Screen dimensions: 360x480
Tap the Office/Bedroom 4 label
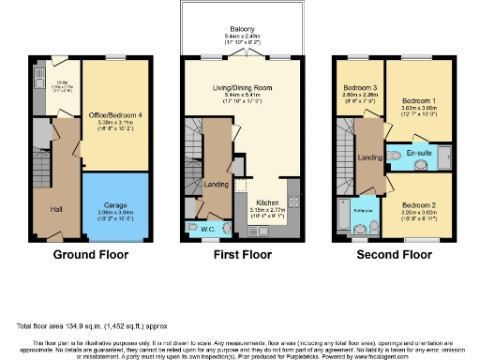(x=114, y=115)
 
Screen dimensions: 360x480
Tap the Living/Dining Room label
(x=246, y=89)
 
